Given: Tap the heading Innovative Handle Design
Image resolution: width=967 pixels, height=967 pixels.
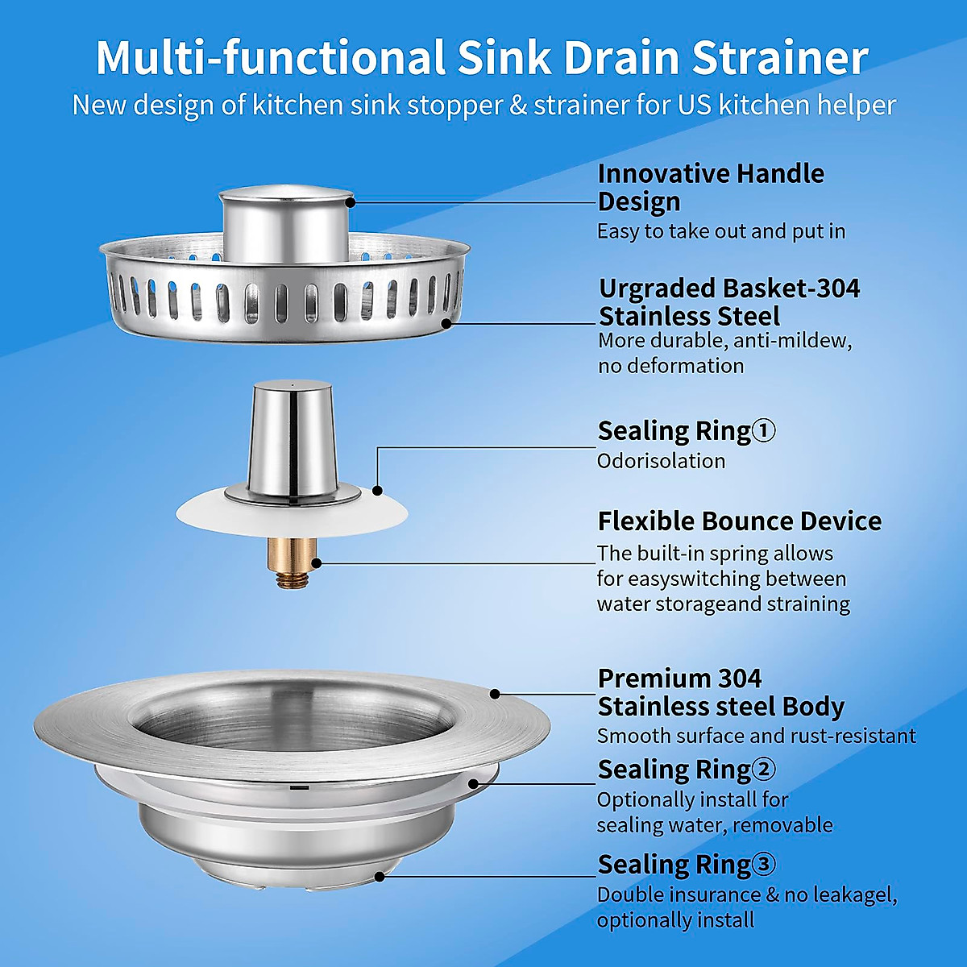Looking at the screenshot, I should coord(710,187).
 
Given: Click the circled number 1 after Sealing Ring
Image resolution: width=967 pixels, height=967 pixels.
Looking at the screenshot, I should coord(763,431).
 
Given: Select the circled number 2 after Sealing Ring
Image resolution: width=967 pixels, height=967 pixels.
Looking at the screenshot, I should coord(763,770).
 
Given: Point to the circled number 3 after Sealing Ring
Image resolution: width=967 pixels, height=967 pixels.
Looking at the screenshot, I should coord(763,865).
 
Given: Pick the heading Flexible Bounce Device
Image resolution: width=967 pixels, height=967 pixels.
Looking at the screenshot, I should coord(739,521).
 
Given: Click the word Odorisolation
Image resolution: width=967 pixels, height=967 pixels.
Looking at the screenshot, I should coord(661,461).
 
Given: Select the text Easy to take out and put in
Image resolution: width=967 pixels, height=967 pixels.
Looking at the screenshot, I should coord(720,231).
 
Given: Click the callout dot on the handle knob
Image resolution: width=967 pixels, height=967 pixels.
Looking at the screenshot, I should coord(351,201).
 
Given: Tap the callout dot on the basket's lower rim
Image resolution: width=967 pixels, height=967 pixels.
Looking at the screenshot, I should coord(447,323).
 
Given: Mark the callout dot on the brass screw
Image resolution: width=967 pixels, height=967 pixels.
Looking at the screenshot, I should coord(316,563).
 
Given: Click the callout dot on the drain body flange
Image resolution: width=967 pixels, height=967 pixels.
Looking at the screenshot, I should coord(495,693).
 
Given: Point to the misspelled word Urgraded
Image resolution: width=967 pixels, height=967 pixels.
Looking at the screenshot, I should coord(658,288).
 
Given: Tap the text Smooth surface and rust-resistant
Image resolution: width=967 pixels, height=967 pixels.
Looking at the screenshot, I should coord(756,736).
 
